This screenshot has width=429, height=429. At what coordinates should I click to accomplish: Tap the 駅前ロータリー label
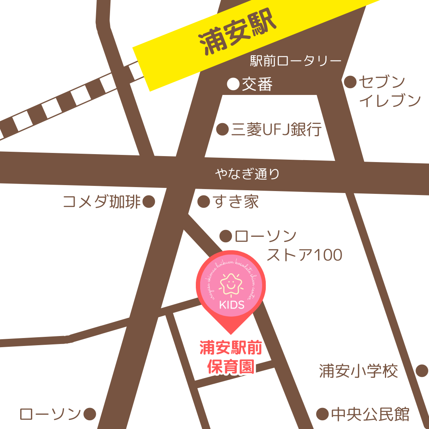click(296, 61)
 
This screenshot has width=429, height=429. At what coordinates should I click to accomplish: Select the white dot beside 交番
click(233, 84)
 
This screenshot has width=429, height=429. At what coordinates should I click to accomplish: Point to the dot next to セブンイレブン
click(350, 82)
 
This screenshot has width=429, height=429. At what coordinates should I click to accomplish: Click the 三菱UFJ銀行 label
click(276, 129)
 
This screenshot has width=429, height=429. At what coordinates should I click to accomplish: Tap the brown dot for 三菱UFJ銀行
click(222, 129)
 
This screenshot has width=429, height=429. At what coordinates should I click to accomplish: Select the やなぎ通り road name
click(247, 174)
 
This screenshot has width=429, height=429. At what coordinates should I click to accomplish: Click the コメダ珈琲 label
click(102, 202)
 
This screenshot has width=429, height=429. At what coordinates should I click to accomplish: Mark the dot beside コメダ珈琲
click(149, 202)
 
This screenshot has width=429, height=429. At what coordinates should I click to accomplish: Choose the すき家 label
click(236, 202)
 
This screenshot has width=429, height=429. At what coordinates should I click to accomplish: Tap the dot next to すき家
click(203, 202)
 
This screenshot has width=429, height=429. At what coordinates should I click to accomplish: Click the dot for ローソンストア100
click(226, 236)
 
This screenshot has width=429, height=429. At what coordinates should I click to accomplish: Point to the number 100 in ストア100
click(327, 255)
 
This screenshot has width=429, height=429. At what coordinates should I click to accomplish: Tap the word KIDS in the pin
click(231, 306)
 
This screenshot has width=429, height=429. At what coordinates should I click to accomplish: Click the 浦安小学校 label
click(358, 371)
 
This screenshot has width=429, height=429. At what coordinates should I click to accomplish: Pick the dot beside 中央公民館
click(322, 414)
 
